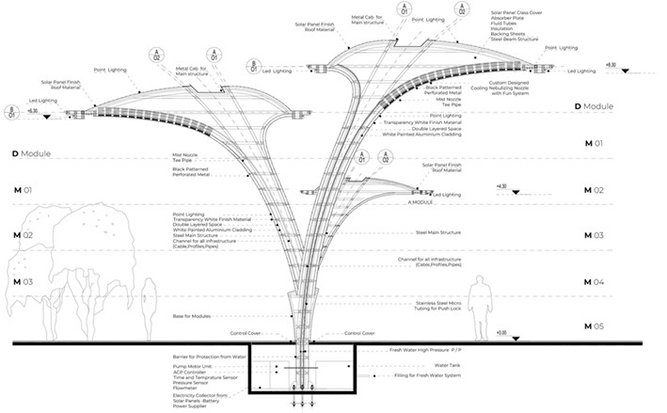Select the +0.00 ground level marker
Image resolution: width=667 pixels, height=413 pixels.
coord(500,332)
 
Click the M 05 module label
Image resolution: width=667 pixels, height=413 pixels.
coord(594,326)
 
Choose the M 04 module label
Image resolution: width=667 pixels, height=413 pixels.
coord(594,282)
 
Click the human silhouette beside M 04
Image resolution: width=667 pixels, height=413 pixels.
coord(479,303)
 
